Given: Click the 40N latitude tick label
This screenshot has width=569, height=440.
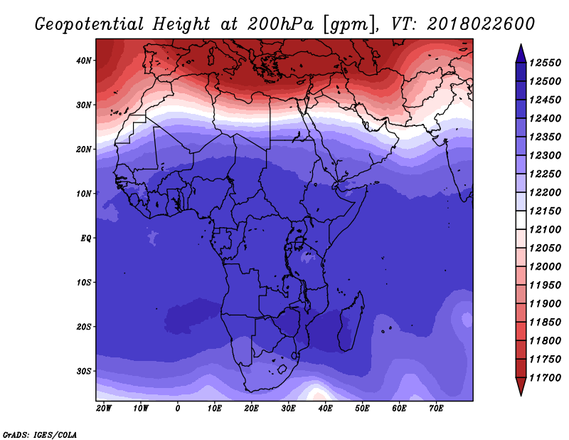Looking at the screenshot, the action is click(x=83, y=61).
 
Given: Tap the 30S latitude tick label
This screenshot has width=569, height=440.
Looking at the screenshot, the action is click(x=83, y=371).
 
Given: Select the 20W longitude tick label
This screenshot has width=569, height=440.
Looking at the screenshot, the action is click(x=104, y=409).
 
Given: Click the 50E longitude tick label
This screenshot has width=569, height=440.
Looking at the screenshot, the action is click(x=362, y=409).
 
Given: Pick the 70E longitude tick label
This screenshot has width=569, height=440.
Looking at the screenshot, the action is click(x=436, y=409).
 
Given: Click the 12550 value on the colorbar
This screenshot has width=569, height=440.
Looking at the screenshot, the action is click(x=545, y=63).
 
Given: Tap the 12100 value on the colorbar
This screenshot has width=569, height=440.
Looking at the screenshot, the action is click(x=545, y=230).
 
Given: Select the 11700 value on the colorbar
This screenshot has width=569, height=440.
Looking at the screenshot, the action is click(x=545, y=378).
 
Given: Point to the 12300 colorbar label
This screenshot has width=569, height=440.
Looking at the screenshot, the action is click(x=545, y=155).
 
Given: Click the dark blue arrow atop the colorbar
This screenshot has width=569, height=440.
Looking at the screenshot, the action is click(x=521, y=54).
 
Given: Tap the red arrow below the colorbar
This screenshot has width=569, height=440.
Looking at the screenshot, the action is click(x=521, y=387).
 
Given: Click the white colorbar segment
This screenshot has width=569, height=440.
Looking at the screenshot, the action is click(x=521, y=220).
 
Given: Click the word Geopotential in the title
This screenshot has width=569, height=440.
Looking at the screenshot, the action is click(x=90, y=25).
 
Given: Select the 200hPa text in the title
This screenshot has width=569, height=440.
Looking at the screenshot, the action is click(x=280, y=24).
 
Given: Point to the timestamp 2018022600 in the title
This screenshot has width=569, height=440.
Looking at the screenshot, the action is click(x=481, y=24).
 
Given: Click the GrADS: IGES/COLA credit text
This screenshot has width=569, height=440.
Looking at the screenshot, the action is click(x=40, y=434).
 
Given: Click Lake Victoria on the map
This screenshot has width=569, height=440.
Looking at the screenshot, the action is click(x=299, y=242).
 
